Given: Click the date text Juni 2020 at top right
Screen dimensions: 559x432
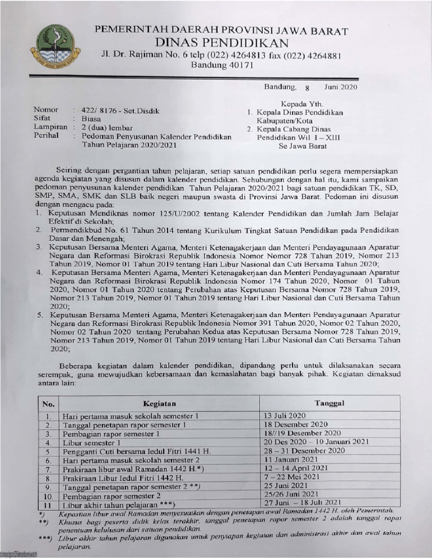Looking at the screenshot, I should pyautogui.click(x=341, y=87).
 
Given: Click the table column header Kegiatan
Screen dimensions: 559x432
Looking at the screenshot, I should pyautogui.click(x=160, y=403).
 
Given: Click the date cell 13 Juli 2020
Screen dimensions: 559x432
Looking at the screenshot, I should pyautogui.click(x=285, y=416).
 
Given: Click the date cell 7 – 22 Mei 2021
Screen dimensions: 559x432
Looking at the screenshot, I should pyautogui.click(x=292, y=477).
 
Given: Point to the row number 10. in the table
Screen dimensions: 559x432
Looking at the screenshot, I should pyautogui.click(x=49, y=497).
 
